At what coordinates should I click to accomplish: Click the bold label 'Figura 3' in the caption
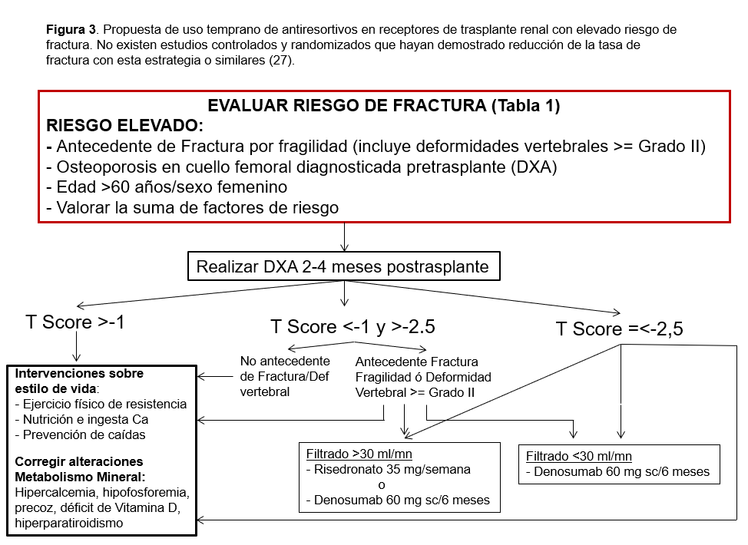(71, 30)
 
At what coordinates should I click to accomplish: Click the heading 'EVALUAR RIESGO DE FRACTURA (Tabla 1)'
(383, 107)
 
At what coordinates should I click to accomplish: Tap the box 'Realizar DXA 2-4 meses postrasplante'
(343, 268)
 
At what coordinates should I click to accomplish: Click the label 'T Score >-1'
(75, 322)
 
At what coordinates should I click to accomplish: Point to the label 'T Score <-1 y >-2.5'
(352, 326)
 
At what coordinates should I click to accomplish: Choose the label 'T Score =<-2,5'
(619, 329)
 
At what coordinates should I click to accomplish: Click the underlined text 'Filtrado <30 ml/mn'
(579, 456)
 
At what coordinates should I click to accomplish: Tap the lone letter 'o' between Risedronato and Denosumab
(382, 485)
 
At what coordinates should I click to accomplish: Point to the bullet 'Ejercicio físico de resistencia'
(101, 404)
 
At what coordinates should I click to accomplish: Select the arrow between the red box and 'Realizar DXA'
(345, 237)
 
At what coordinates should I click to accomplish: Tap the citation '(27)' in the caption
(281, 61)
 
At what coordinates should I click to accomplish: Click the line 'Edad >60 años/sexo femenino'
(167, 187)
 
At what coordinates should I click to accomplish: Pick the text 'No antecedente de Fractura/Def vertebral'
(284, 376)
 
